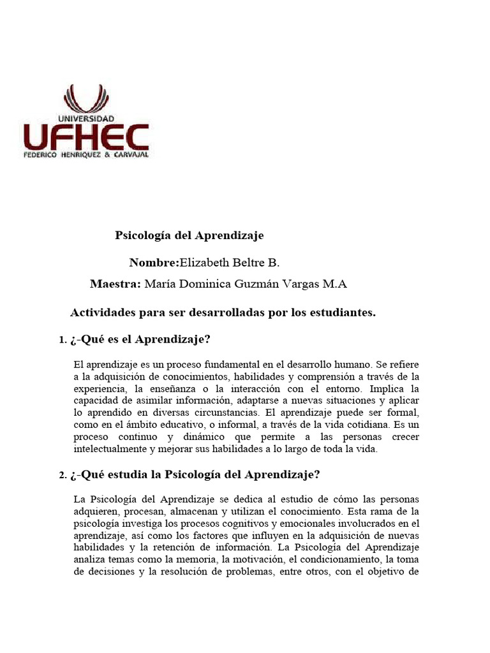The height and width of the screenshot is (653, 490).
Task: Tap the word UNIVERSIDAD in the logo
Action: coord(86,119)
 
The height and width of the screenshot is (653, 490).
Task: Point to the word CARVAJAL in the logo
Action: coord(129,155)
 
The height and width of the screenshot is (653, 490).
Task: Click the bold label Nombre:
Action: coord(154,263)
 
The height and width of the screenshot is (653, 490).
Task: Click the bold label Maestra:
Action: coord(115,284)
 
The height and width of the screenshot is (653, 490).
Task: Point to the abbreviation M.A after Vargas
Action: coord(334,284)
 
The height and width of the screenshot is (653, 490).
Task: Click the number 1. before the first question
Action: coord(63,341)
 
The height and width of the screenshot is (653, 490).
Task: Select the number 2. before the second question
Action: coord(63,475)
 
